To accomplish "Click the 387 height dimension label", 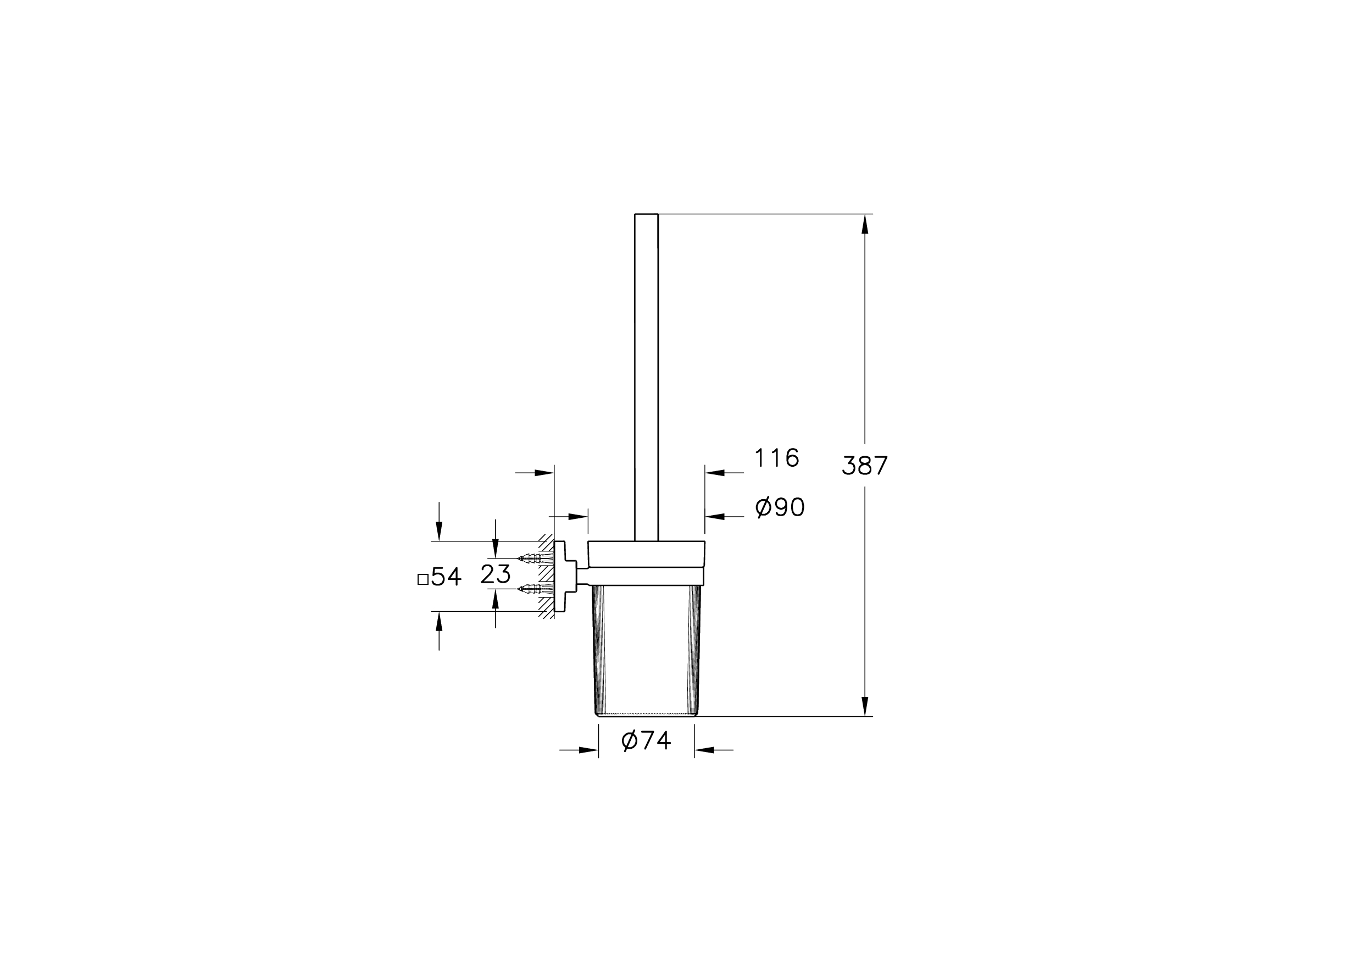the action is [x=865, y=465].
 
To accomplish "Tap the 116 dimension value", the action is [x=777, y=457].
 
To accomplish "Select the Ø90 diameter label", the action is [x=780, y=507].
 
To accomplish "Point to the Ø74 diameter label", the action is [x=646, y=740].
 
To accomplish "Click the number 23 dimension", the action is [x=496, y=574].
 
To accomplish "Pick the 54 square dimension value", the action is [x=446, y=576].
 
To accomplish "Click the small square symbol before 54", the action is [x=423, y=579].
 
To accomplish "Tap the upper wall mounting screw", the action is [x=536, y=558].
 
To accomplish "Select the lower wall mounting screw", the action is [x=536, y=589].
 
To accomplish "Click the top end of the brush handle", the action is [x=647, y=214].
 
